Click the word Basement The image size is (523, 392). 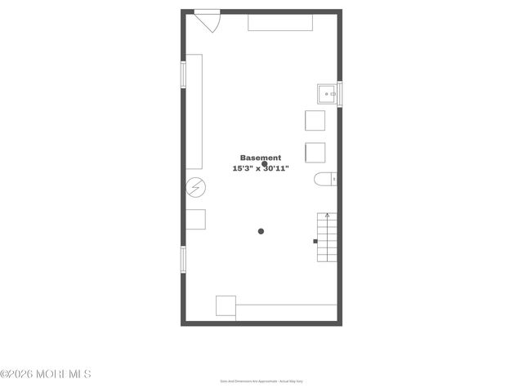click(x=260, y=158)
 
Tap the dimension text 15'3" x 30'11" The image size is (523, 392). click(x=260, y=168)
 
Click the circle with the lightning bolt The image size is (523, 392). click(x=195, y=189)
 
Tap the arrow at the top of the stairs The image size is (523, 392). click(x=327, y=216)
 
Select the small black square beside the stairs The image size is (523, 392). click(x=315, y=241)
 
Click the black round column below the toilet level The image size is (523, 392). click(x=261, y=231)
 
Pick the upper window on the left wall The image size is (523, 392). click(x=183, y=74)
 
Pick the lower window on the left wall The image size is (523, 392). click(x=183, y=260)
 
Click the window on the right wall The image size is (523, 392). click(x=339, y=94)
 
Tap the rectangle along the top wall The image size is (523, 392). click(x=279, y=22)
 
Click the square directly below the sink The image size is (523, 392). click(x=315, y=121)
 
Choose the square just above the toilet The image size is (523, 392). click(x=315, y=153)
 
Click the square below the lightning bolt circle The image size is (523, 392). click(x=195, y=220)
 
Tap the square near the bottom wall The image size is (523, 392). click(x=226, y=306)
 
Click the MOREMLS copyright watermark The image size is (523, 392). click(x=46, y=374)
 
